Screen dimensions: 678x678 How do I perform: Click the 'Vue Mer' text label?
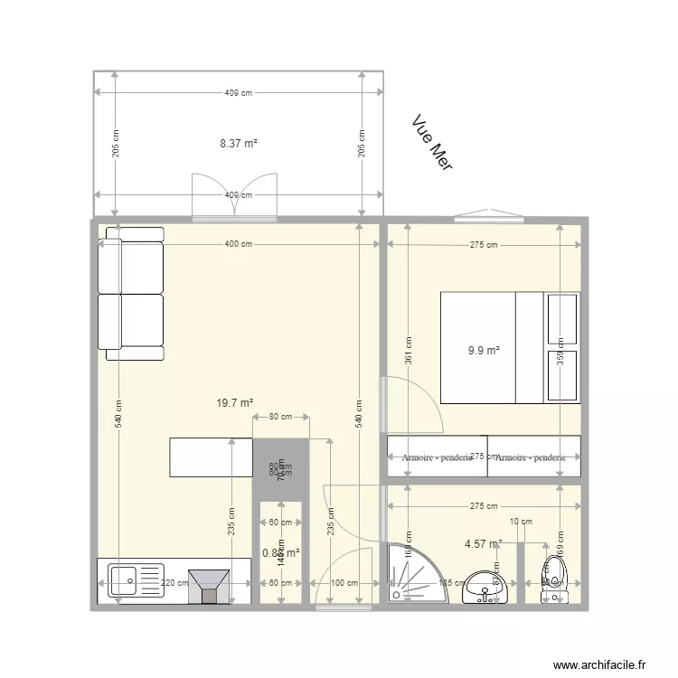(431, 144)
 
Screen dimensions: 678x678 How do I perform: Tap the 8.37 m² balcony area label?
(239, 143)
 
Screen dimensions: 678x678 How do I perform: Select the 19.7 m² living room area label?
(234, 403)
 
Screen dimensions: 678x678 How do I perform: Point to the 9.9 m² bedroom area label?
(484, 351)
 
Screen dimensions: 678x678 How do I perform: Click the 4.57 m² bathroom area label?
(483, 544)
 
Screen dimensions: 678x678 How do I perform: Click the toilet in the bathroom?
(552, 579)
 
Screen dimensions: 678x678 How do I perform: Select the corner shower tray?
(411, 573)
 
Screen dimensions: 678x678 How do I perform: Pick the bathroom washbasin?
(486, 588)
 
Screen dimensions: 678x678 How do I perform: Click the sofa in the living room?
(132, 294)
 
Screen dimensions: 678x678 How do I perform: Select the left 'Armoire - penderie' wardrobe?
(438, 457)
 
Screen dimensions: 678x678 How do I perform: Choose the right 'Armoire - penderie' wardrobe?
(533, 457)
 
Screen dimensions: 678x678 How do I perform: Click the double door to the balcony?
(234, 197)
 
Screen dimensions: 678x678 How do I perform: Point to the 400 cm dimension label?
(238, 244)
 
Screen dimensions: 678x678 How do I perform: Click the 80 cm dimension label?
(280, 417)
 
